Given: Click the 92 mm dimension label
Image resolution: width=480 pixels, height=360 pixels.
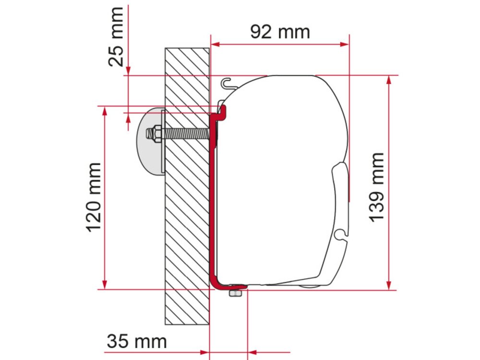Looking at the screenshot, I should point(280,32).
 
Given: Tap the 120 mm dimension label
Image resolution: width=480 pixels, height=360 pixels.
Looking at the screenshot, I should point(94,197).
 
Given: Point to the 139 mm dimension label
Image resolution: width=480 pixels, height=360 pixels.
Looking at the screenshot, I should point(377,187).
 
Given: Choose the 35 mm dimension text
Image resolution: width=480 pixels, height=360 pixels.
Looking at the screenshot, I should point(136,342).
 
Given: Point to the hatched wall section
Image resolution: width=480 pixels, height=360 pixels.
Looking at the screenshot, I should point(187,216).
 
